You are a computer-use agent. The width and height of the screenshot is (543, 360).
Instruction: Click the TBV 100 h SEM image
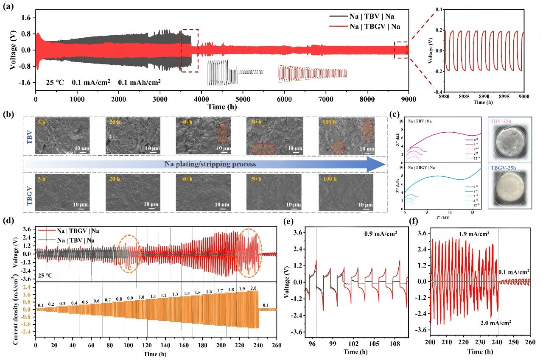click(346, 136)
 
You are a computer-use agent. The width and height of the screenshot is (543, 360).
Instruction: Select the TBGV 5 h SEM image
click(62, 192)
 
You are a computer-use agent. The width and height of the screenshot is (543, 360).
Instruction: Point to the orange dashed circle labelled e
click(129, 253)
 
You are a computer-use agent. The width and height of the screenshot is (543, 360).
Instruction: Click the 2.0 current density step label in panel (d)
click(254, 288)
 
